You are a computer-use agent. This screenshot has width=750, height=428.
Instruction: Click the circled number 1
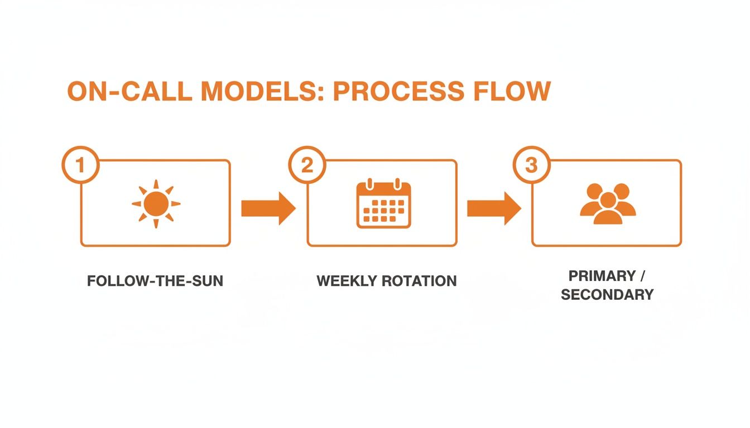pyautogui.click(x=80, y=164)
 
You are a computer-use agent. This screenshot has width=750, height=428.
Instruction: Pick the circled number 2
pyautogui.click(x=307, y=164)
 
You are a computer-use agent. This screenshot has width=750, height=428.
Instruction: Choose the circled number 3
pyautogui.click(x=531, y=164)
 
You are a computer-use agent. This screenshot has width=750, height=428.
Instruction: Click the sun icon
pyautogui.click(x=156, y=204)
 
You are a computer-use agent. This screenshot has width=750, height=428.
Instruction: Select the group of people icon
pyautogui.click(x=608, y=204)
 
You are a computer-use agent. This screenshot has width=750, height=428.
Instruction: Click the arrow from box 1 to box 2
pyautogui.click(x=268, y=208)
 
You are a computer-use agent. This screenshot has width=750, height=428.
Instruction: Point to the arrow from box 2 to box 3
pyautogui.click(x=493, y=208)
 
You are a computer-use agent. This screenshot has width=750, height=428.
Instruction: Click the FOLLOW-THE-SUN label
pyautogui.click(x=155, y=281)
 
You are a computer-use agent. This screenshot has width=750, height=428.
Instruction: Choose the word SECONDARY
pyautogui.click(x=607, y=295)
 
